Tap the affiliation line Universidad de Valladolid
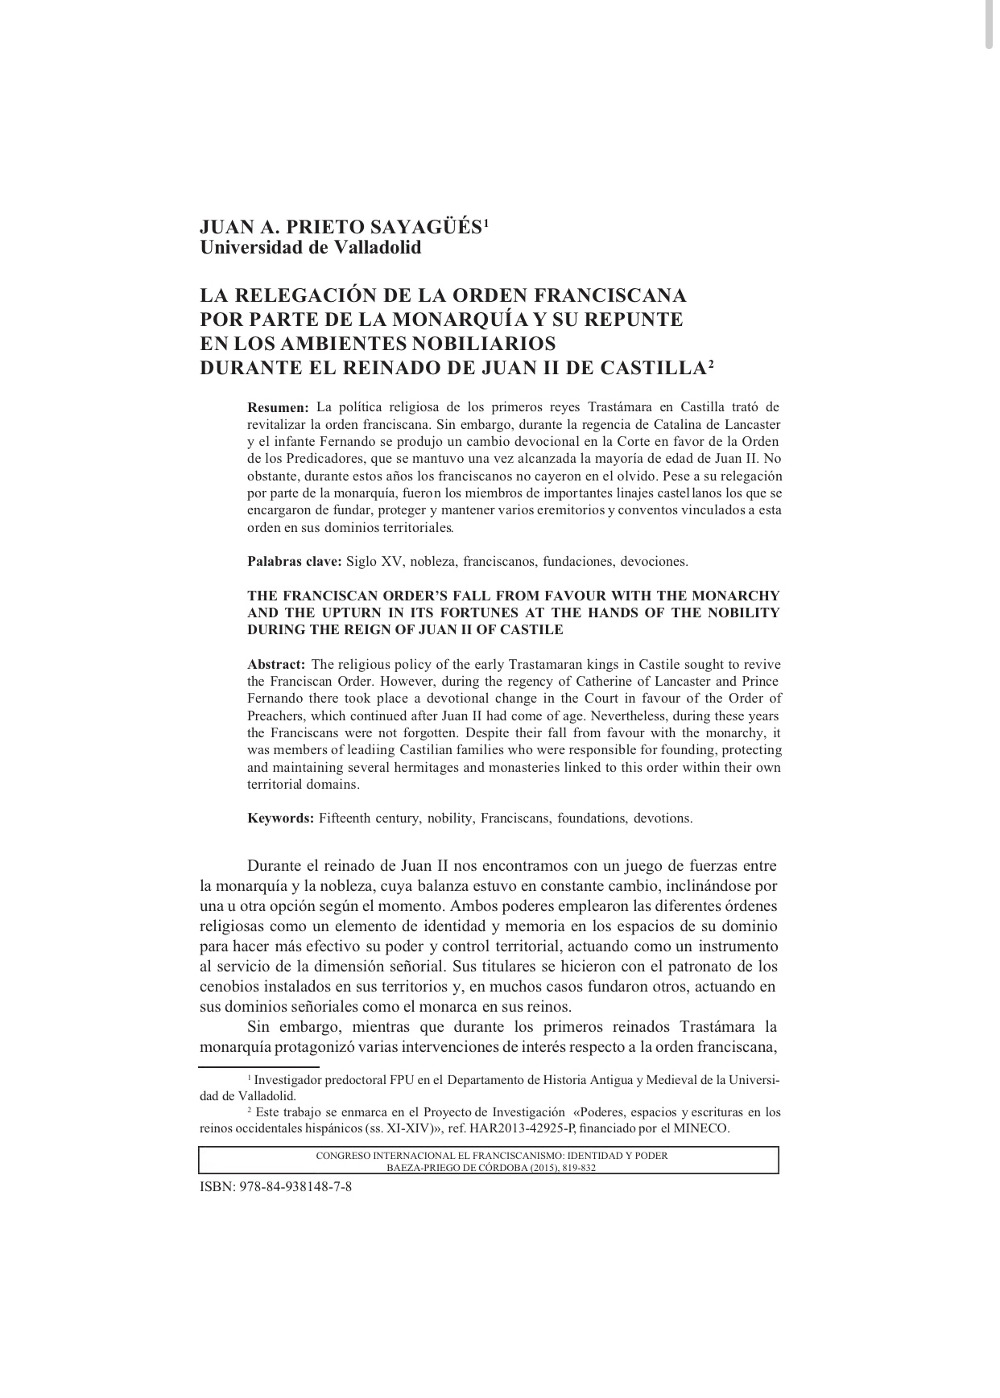[x=310, y=247]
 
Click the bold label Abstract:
[x=275, y=665]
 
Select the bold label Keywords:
[x=280, y=819]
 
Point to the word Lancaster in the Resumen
[x=752, y=424]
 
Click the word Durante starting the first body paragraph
[x=273, y=867]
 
